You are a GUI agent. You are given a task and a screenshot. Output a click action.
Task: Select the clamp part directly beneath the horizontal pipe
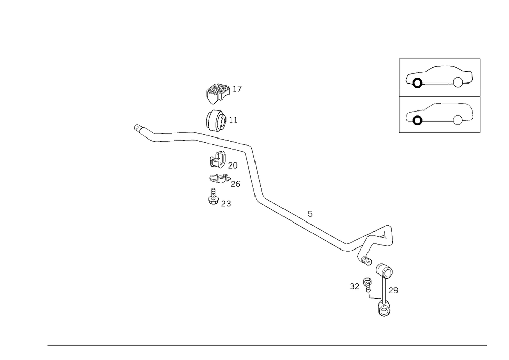219,161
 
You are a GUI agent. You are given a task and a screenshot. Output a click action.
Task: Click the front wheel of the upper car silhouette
417,81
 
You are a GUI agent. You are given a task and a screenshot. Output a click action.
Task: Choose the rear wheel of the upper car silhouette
460,81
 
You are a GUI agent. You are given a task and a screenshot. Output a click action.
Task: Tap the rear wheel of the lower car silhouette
458,119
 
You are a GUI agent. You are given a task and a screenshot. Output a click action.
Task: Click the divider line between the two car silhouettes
440,95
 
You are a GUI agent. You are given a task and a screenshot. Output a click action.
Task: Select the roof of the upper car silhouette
443,67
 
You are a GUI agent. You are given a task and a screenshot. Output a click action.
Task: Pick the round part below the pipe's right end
384,271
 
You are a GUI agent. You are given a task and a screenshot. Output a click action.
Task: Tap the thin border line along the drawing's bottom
267,345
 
